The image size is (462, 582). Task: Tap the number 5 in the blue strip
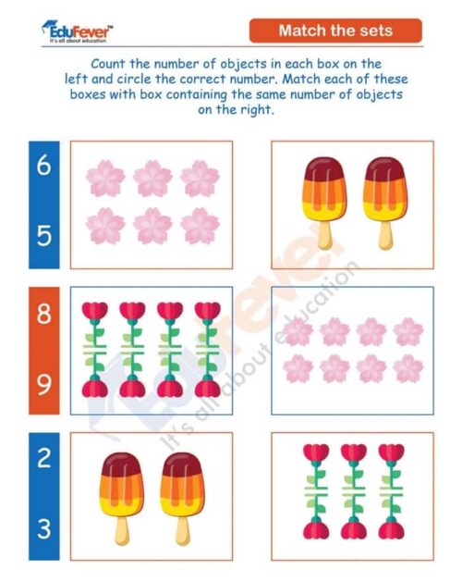(x=44, y=235)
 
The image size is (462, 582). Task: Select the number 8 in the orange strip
(x=44, y=315)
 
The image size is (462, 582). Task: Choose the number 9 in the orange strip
(x=44, y=383)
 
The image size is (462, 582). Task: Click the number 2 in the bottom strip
(x=44, y=460)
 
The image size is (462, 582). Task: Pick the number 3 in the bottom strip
(x=44, y=529)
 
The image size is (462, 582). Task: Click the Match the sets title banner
(x=335, y=31)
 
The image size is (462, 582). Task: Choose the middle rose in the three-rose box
(x=354, y=491)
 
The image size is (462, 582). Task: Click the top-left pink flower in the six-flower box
(x=105, y=178)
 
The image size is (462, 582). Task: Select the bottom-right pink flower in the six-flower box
(x=200, y=225)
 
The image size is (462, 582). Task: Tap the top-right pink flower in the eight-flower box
(x=407, y=331)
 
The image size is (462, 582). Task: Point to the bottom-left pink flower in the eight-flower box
(x=298, y=368)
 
